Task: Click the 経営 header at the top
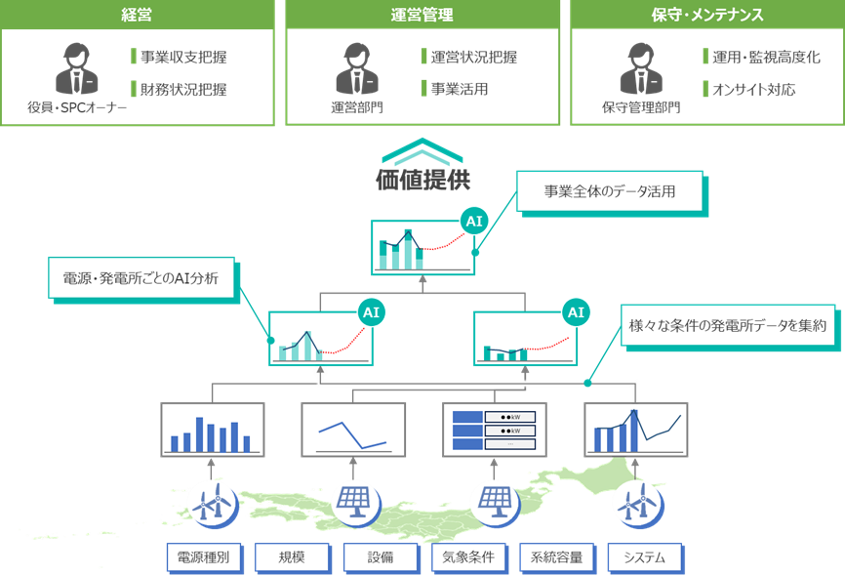[x=137, y=15]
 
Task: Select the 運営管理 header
[x=422, y=15]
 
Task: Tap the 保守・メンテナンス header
[x=706, y=15]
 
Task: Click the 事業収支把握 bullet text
[x=184, y=57]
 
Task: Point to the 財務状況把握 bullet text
[x=184, y=90]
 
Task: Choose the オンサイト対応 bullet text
[x=754, y=90]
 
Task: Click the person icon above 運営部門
[x=355, y=67]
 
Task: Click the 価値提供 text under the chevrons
[x=422, y=180]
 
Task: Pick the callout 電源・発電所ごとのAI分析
[x=142, y=277]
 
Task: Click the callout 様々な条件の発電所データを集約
[x=729, y=327]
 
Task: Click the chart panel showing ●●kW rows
[x=494, y=430]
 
